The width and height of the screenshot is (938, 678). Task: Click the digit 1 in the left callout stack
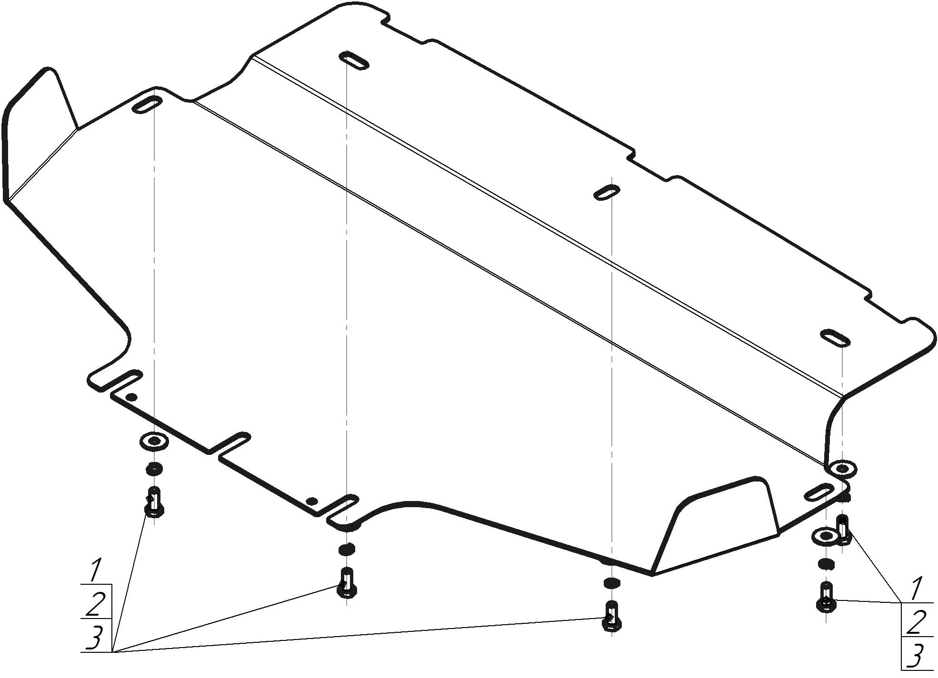95,570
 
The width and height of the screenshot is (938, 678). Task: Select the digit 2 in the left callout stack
96,604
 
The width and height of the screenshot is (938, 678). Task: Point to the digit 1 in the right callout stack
915,589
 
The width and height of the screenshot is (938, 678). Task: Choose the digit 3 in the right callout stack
915,657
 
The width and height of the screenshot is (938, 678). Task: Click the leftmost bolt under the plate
154,503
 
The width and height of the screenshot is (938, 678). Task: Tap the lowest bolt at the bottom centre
611,617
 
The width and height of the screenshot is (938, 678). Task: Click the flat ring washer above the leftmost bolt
154,441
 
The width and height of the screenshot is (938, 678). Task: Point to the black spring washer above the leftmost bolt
154,469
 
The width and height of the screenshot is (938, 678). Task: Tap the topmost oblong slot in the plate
354,60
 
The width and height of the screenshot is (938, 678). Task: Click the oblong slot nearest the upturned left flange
147,105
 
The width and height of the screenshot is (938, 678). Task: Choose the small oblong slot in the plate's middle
607,192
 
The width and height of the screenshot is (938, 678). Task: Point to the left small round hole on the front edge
132,397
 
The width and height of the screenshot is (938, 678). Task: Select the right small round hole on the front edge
312,501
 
